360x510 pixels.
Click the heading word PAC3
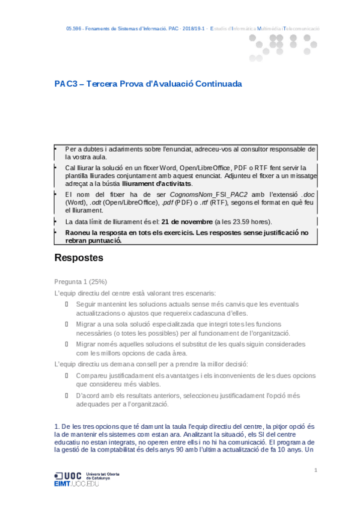66,84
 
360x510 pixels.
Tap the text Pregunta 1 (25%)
81,281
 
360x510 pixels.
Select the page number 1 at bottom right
316,469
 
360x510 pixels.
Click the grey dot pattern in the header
283,48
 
